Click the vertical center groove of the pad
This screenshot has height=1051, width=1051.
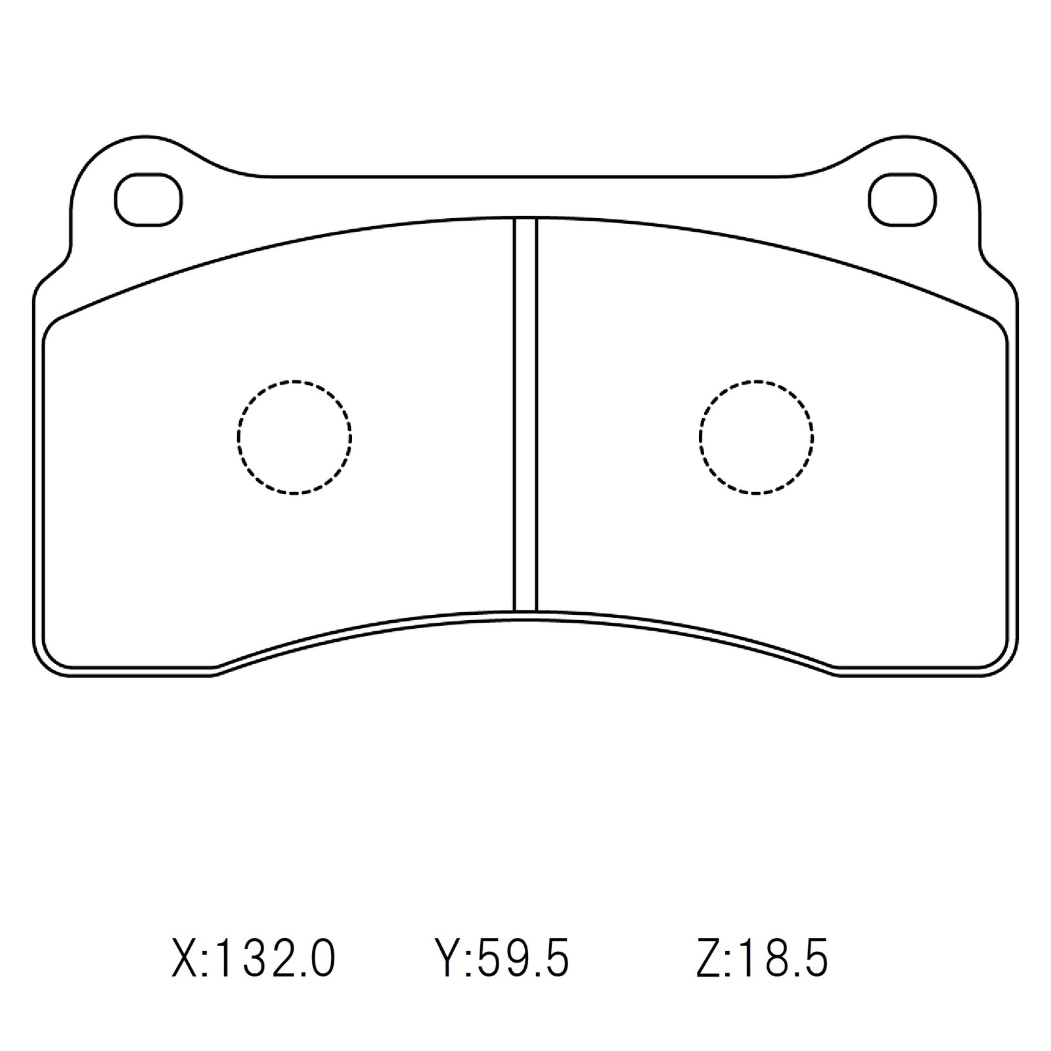[x=525, y=414]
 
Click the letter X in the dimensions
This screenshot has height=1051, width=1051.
[x=185, y=958]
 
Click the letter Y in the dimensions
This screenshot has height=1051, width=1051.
[x=451, y=958]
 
